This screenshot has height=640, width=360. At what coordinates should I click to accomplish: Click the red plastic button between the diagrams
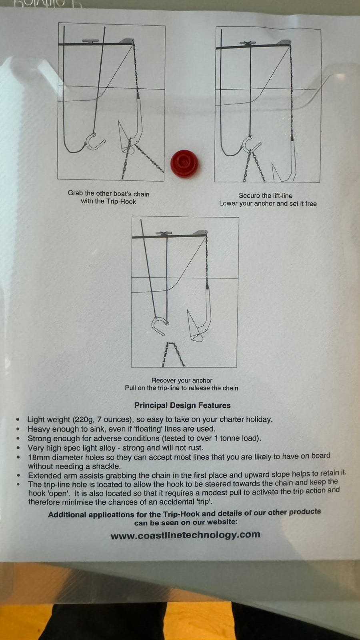tap(185, 164)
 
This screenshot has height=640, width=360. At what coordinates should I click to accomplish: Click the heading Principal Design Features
tap(182, 405)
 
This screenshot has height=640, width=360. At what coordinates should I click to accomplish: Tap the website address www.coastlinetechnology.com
tap(185, 535)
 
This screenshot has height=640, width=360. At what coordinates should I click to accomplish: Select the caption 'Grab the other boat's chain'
tap(108, 194)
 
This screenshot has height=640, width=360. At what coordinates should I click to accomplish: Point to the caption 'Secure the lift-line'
tap(266, 196)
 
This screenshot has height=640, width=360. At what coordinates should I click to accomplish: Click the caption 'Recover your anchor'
tap(182, 380)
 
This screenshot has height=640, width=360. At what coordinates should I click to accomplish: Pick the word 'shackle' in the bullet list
tap(106, 466)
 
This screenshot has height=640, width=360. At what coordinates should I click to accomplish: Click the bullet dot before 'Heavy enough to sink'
tap(18, 429)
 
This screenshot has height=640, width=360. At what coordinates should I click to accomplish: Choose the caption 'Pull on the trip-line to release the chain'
tap(182, 388)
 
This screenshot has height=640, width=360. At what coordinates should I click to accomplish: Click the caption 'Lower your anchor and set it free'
tap(268, 204)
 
